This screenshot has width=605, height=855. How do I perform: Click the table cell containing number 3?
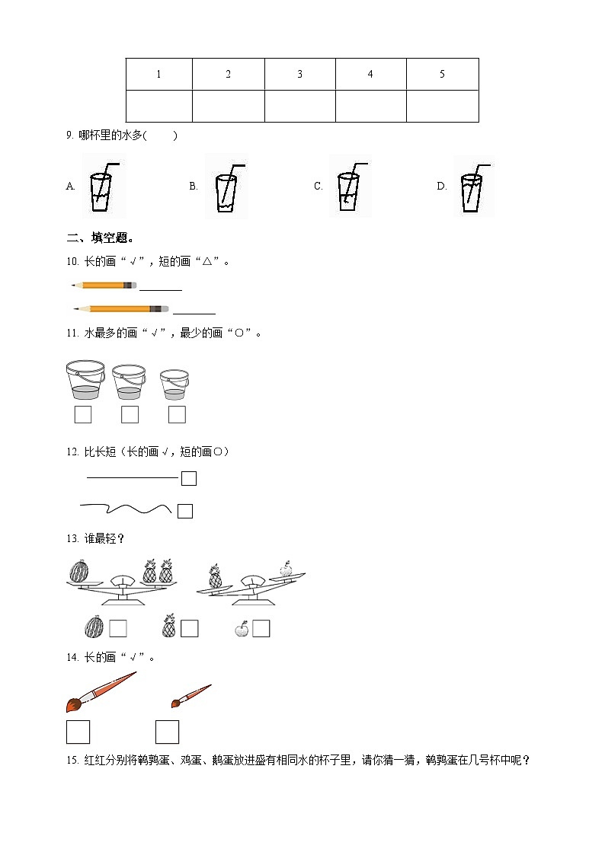click(299, 75)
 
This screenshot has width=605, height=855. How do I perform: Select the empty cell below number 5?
click(442, 106)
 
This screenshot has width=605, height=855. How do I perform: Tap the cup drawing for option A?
click(102, 187)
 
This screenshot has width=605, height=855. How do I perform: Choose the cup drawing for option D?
click(472, 187)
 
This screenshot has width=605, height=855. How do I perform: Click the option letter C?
click(319, 187)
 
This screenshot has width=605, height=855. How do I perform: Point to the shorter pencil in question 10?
click(104, 285)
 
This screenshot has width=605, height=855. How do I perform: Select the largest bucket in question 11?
click(85, 380)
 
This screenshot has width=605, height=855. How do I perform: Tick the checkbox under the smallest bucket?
click(177, 415)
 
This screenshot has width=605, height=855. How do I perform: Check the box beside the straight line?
click(189, 478)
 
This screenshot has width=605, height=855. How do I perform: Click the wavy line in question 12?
click(125, 508)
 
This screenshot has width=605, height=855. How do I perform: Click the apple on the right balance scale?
click(286, 568)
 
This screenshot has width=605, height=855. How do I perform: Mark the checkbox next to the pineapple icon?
click(189, 629)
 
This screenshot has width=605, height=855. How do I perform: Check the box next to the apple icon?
click(261, 629)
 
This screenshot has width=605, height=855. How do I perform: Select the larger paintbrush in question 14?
click(101, 691)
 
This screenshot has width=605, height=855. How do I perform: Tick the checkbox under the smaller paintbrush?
click(167, 732)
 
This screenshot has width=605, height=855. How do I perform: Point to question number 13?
click(73, 539)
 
